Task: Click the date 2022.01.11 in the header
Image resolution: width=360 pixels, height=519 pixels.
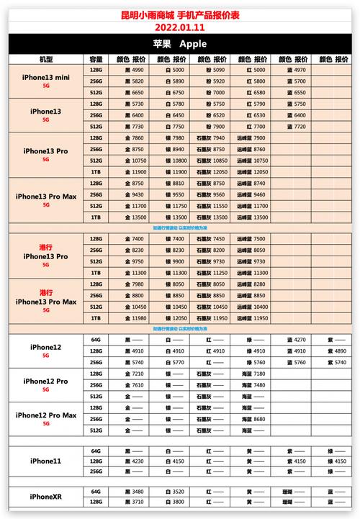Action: pos(180,27)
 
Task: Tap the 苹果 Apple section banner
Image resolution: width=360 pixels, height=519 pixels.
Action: pos(180,44)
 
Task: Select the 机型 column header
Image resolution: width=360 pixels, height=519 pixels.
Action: pos(46,58)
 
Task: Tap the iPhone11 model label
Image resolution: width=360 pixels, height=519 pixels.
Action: pos(46,461)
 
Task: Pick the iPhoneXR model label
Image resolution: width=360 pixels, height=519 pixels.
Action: pos(46,497)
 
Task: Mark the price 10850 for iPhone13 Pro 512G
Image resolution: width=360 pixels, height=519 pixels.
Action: pos(220,160)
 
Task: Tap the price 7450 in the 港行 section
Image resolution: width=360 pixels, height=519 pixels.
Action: pos(220,238)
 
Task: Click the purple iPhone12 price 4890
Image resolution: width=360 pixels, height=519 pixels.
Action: pos(341,351)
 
